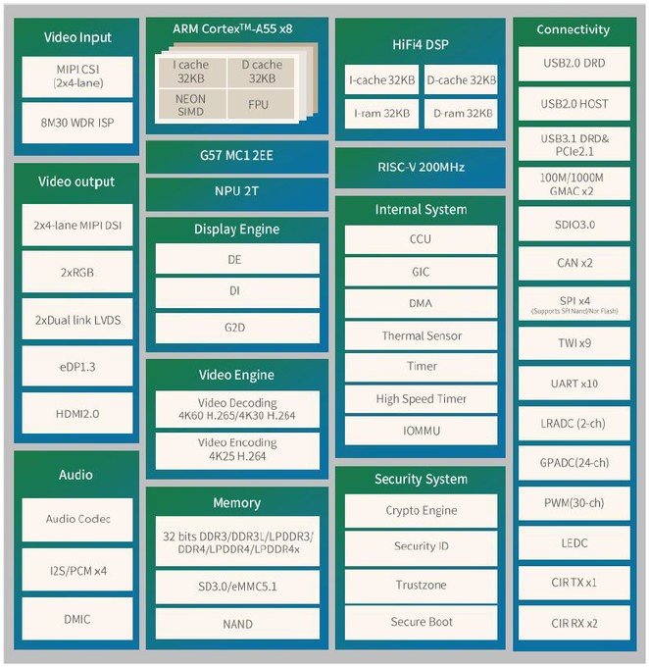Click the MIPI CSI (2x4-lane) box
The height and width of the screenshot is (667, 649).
[77, 77]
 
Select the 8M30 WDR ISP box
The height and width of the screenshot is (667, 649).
[77, 123]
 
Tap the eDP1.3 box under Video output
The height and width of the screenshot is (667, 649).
[77, 366]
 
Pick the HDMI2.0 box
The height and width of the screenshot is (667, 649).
[77, 413]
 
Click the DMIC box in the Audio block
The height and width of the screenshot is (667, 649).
[77, 619]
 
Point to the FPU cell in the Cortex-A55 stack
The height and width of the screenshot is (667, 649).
[260, 104]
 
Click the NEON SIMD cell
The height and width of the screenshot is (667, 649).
[191, 104]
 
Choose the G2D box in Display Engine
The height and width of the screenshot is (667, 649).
[237, 328]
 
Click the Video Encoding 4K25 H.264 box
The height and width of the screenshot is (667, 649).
[237, 450]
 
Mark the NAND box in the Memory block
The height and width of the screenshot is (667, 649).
[237, 624]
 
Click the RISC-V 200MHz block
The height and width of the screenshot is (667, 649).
[421, 168]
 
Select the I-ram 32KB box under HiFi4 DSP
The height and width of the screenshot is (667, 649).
[381, 114]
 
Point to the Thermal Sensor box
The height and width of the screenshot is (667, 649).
[421, 335]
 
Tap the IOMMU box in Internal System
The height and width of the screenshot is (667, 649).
[421, 431]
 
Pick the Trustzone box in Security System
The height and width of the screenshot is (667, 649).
[421, 586]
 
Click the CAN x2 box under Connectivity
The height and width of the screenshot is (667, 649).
[574, 263]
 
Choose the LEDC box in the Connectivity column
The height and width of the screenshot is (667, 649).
[574, 542]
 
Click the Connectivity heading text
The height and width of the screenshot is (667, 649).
[573, 29]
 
